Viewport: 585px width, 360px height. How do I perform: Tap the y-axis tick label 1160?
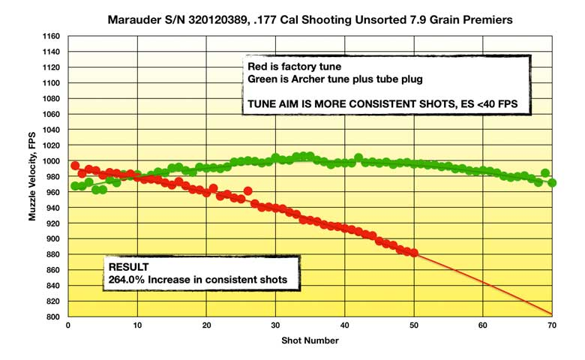click(50, 36)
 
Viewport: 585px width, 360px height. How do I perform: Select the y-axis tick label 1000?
click(50, 161)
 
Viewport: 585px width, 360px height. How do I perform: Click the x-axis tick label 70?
click(552, 326)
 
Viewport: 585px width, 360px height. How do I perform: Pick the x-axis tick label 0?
click(68, 326)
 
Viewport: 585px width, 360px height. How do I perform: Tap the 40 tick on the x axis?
click(344, 326)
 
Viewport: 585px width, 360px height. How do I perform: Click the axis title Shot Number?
click(310, 340)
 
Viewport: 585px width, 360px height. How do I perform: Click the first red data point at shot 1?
click(75, 166)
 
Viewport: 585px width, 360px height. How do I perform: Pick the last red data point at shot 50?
click(413, 253)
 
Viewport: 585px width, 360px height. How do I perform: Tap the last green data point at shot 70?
click(552, 183)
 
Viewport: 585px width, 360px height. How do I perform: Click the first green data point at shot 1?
click(75, 186)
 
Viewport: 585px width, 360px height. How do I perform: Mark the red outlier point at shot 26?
click(248, 190)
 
